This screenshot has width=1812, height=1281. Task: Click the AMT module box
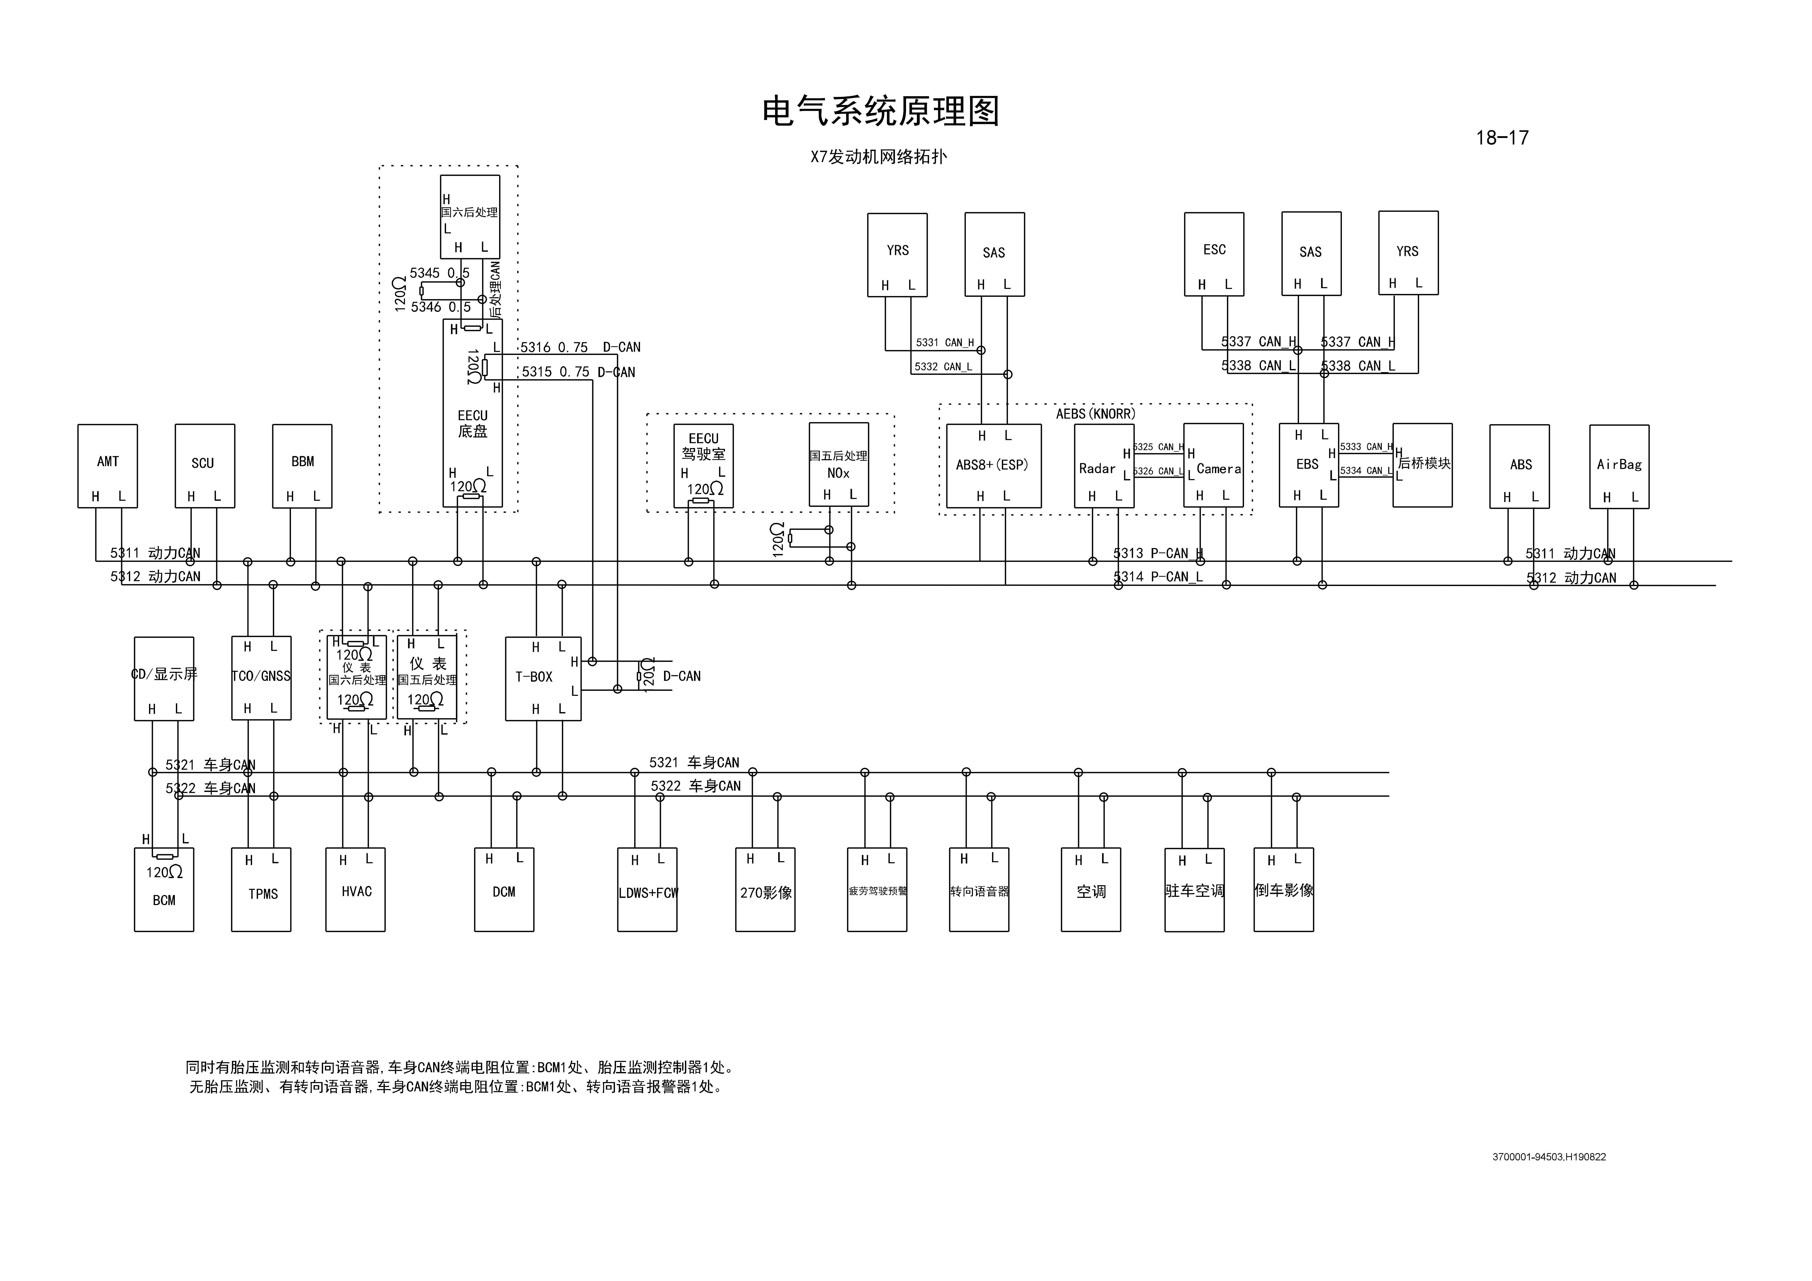coord(107,466)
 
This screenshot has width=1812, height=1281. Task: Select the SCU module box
coord(204,466)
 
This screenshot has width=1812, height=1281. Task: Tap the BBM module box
coord(302,466)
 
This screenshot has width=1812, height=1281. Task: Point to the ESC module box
coord(1214,254)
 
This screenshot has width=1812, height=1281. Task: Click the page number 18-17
coord(1502,138)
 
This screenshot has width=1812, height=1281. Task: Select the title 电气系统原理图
coord(881,111)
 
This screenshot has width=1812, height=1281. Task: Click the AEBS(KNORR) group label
coord(1095,414)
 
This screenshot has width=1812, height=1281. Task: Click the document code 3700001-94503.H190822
coord(1548,1157)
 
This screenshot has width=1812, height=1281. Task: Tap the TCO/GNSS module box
coord(261,678)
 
